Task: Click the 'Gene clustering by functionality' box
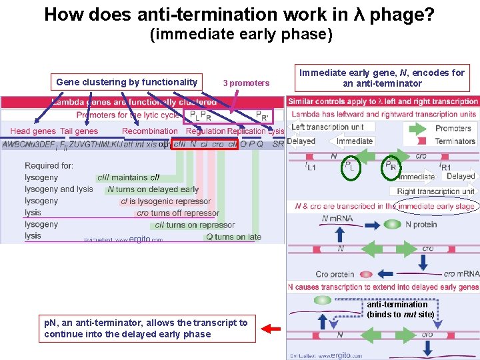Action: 127,83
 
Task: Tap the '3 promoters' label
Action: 246,83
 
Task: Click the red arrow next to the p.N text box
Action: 270,328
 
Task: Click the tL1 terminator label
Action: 310,166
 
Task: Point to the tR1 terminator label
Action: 445,167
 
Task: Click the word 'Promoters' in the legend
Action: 453,128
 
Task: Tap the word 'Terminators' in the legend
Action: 455,141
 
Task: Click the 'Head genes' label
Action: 33,131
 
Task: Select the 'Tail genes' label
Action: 79,131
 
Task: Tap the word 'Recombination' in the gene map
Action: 149,131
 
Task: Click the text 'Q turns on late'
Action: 233,237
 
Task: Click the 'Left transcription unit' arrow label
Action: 327,127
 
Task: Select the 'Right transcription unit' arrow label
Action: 435,191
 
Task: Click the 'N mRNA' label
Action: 337,219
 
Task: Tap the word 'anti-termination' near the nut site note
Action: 397,305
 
